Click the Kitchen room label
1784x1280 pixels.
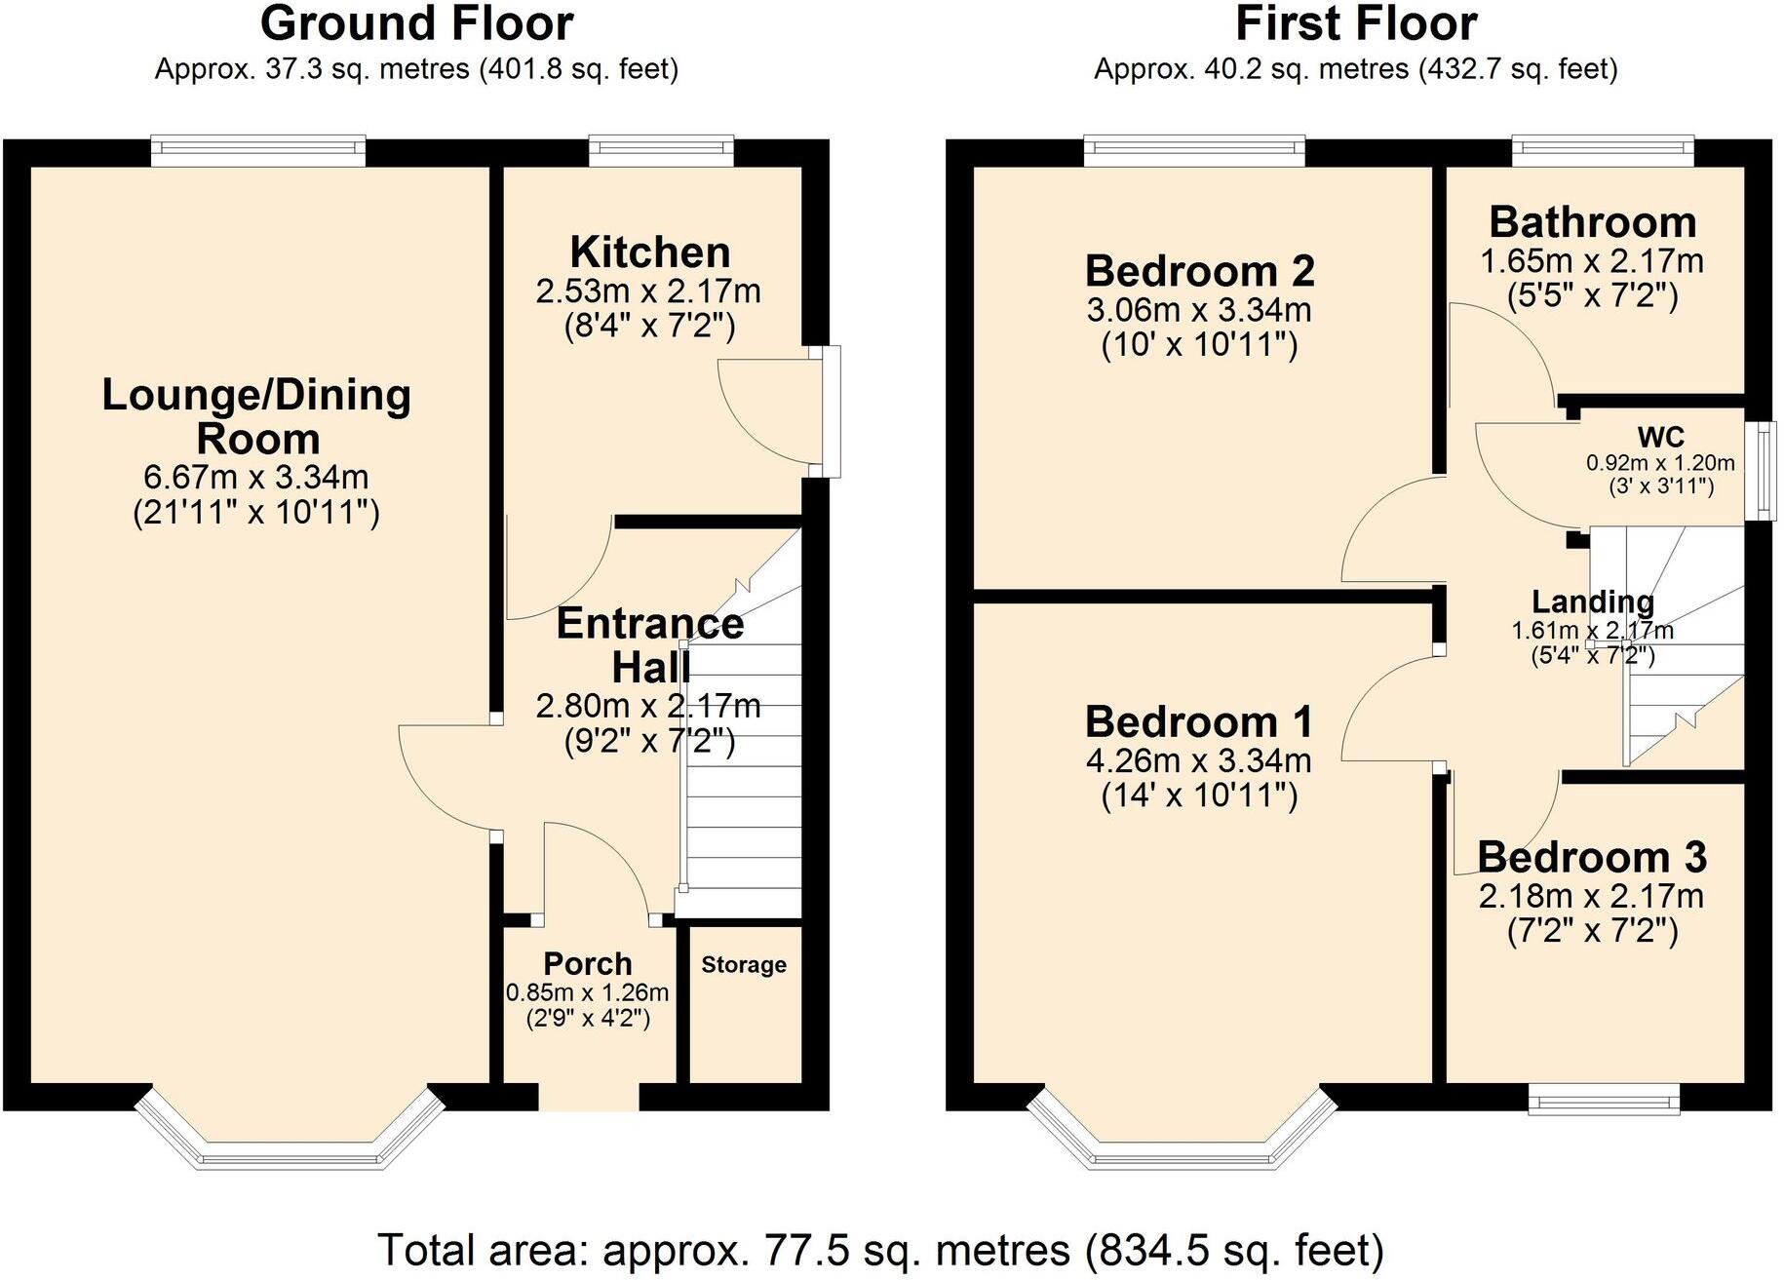click(650, 252)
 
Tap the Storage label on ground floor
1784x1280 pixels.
click(744, 965)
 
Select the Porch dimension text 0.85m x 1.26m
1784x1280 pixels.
click(587, 993)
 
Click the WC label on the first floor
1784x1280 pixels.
click(1661, 437)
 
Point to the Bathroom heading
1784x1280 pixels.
click(1593, 222)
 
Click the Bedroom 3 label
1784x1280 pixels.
click(1592, 858)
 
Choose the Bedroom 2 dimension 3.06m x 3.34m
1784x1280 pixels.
click(1199, 311)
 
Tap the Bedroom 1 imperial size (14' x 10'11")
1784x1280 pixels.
click(1199, 796)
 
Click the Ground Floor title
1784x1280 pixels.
click(416, 23)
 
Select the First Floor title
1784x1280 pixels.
click(1356, 23)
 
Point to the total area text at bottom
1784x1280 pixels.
click(880, 1250)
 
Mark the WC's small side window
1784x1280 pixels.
click(1761, 471)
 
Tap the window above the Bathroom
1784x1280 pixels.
click(1603, 149)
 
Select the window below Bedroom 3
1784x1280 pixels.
click(1604, 1102)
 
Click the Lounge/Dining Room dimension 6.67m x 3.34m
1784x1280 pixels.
click(256, 478)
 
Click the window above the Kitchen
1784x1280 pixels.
click(661, 149)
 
